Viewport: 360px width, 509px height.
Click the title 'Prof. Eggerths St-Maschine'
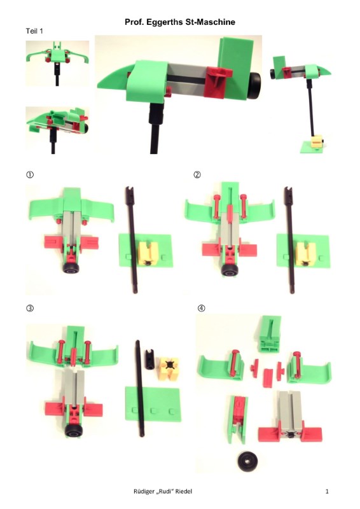click(180, 22)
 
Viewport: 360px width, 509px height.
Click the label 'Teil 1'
click(34, 31)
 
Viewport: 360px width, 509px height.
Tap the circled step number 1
click(29, 174)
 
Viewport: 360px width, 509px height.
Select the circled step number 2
click(197, 174)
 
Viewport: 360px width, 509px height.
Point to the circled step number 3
click(29, 308)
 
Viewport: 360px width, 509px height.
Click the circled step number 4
click(201, 308)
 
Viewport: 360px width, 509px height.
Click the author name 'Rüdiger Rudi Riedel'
click(163, 491)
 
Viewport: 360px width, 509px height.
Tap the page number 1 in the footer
click(327, 491)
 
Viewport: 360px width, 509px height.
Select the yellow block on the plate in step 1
click(148, 253)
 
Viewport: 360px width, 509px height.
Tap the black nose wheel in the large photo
click(254, 85)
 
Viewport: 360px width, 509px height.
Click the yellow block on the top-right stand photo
click(317, 141)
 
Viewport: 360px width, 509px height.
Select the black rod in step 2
click(289, 240)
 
